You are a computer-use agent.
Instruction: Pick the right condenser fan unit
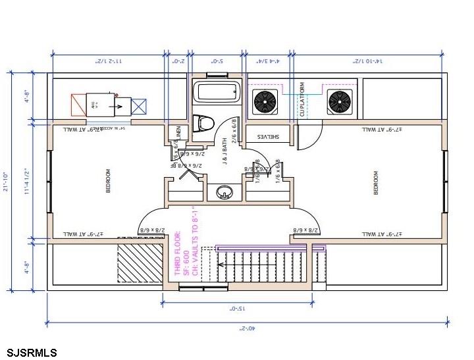339,102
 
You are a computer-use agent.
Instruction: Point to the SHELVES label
268,137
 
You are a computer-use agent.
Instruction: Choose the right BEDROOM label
377,182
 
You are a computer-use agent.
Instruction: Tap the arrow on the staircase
224,266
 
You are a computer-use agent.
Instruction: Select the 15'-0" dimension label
237,307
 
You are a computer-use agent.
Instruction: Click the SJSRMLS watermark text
32,352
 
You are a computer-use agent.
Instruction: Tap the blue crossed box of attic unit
140,106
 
